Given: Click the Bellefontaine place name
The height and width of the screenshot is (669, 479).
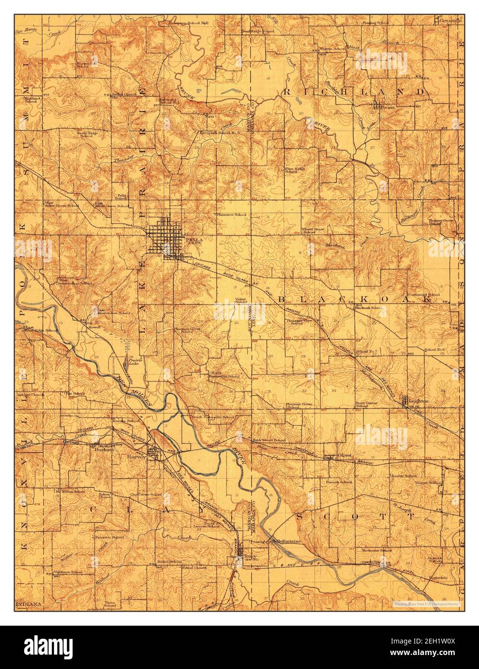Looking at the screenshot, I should click(x=287, y=541).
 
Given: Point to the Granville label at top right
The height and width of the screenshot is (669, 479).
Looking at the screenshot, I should click(x=451, y=21).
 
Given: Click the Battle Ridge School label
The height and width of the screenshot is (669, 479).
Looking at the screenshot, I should click(x=86, y=134).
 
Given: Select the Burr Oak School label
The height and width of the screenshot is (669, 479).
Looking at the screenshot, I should click(x=340, y=482).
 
